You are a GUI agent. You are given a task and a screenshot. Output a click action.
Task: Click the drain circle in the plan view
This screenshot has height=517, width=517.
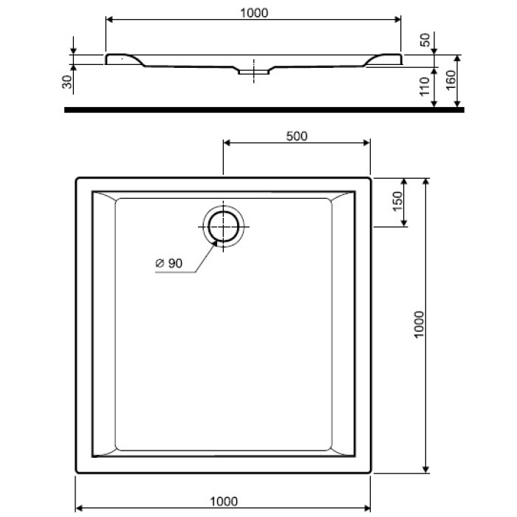222,225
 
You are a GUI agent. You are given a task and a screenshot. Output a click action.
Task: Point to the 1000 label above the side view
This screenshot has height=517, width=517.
253,13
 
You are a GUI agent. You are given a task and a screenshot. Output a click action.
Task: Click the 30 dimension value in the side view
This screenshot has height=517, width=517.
67,82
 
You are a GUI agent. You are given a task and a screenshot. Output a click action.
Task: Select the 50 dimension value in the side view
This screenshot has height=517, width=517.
424,40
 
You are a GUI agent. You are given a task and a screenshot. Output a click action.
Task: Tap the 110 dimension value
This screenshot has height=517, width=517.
424,87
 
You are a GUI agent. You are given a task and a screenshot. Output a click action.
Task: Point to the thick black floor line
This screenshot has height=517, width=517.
262,109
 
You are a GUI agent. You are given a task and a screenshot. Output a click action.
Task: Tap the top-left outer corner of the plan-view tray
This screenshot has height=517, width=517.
77,178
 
